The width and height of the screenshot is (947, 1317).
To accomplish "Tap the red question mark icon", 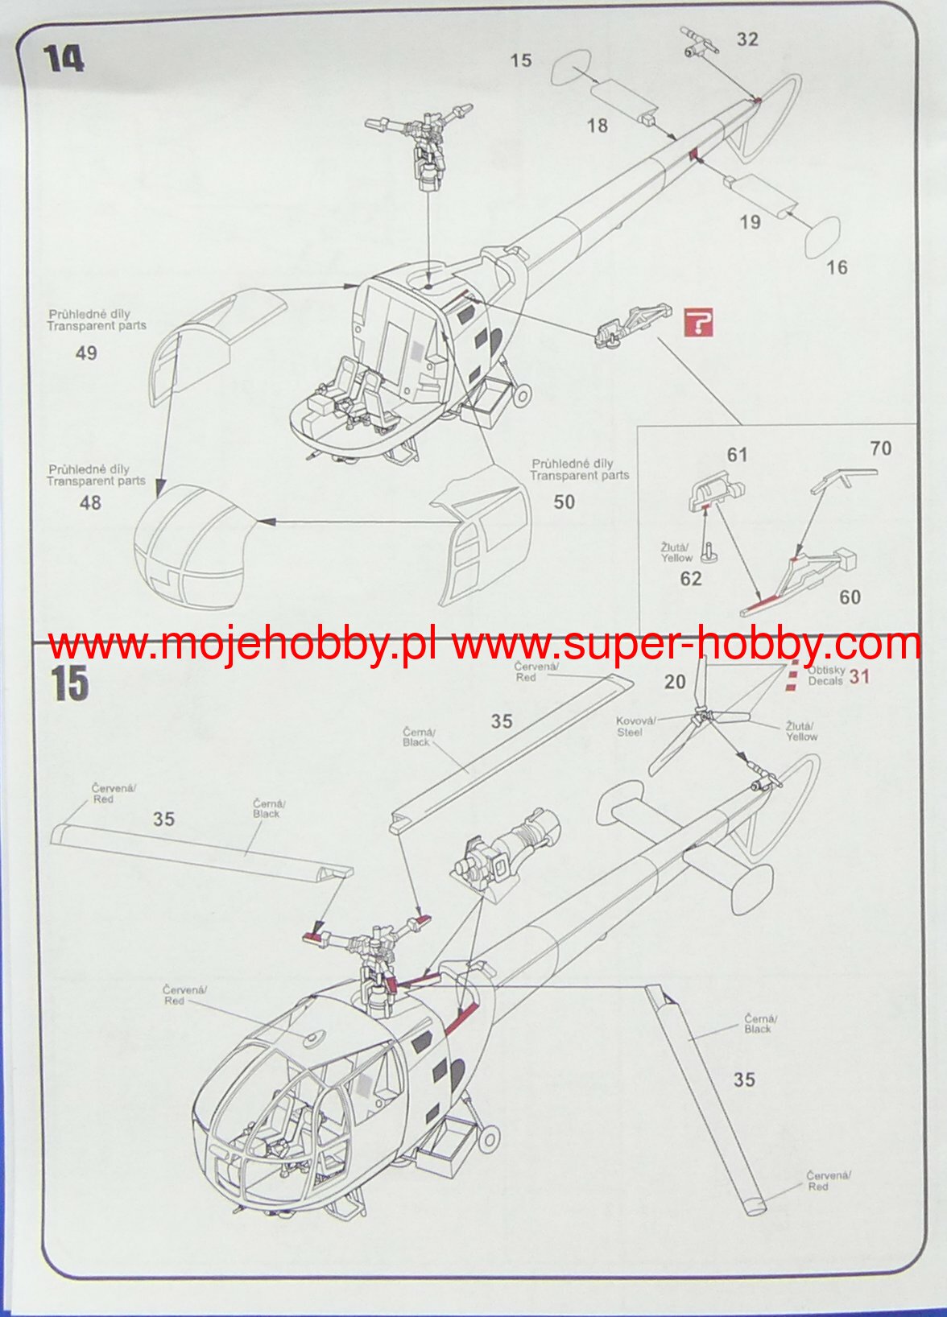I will point(699,322).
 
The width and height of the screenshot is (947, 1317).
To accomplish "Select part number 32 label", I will point(747,39).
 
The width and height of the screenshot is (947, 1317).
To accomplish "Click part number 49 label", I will point(86,353).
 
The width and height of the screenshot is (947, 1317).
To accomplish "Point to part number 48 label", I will point(90,502).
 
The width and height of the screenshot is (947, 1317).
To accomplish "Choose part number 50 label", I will point(564,502).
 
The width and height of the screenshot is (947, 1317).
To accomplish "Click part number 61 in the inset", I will point(737,455).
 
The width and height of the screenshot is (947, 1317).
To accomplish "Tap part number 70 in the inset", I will point(881,448).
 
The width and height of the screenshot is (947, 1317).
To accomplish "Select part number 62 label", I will point(690,578).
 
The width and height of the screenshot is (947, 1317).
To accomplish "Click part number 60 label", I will point(850,597).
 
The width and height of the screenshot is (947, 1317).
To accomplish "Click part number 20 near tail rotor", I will point(675,681).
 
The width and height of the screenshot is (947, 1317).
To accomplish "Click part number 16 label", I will point(837,267).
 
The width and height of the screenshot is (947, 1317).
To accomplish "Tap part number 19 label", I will point(750,221).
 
